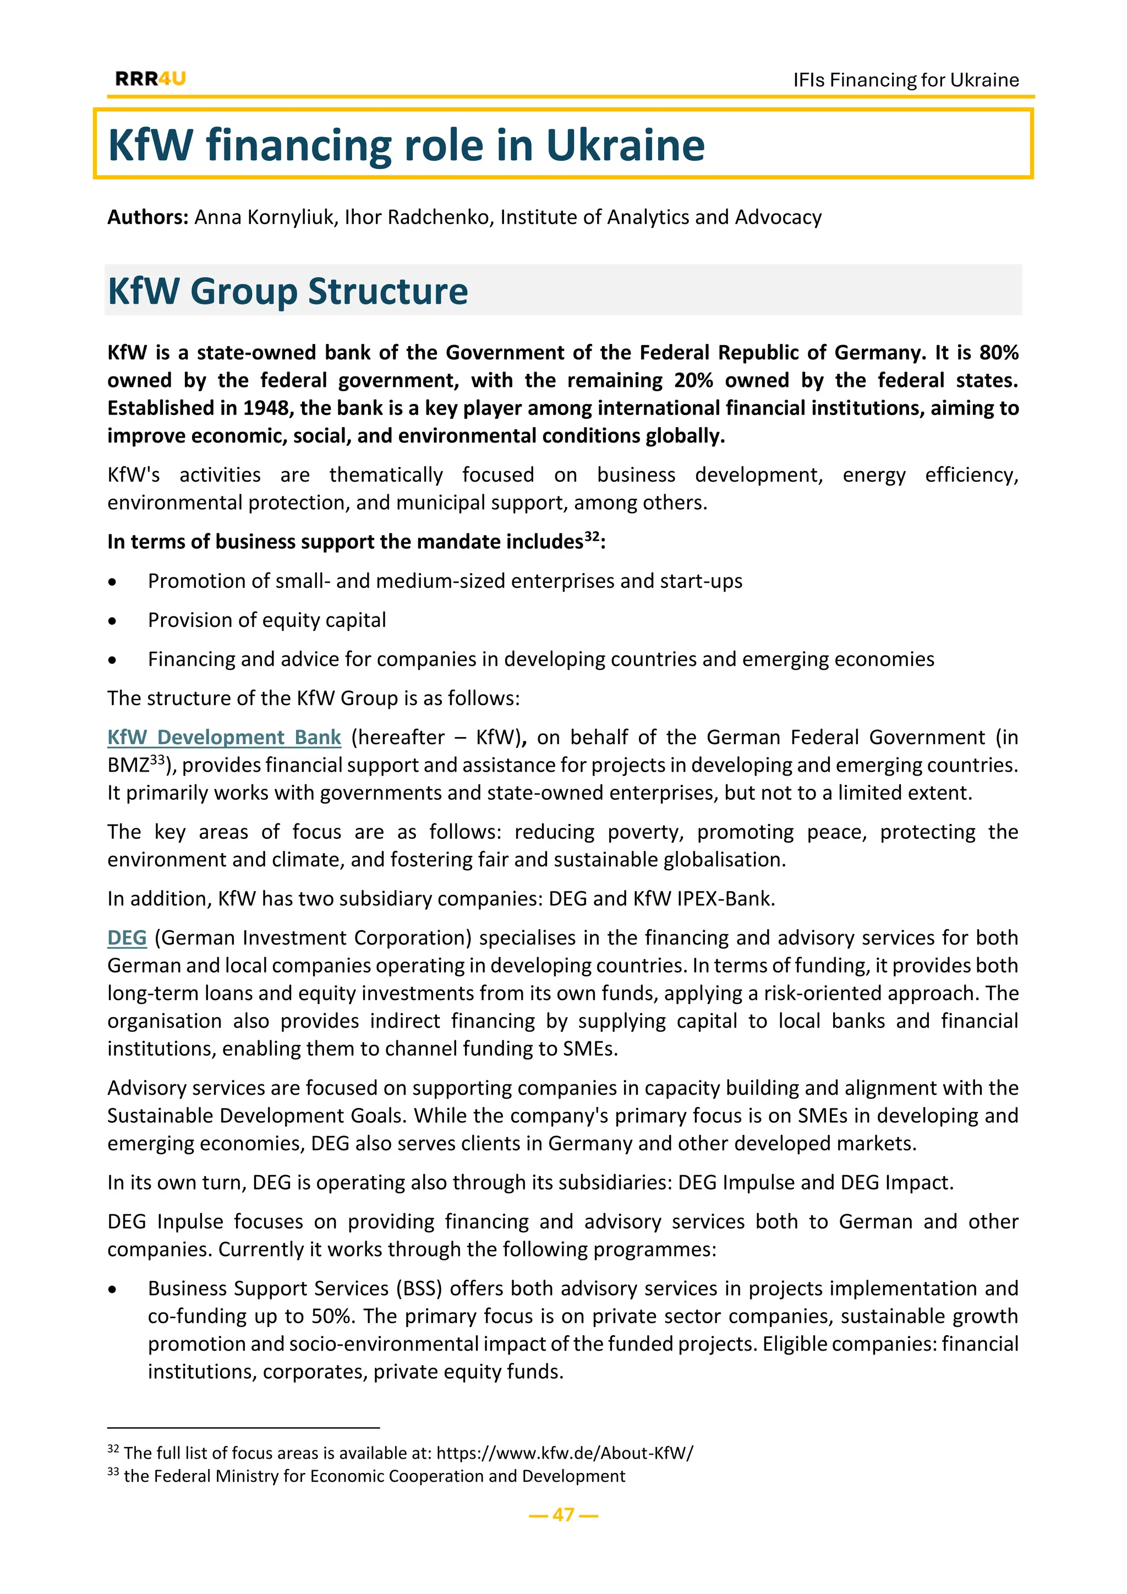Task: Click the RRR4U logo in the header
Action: [x=151, y=79]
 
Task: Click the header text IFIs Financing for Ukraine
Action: [x=906, y=80]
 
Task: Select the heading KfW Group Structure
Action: [x=288, y=290]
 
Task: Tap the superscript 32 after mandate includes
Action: [x=591, y=537]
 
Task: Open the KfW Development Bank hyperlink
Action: [x=224, y=738]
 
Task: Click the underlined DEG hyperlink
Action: [x=127, y=938]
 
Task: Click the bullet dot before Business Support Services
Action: [x=112, y=1290]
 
